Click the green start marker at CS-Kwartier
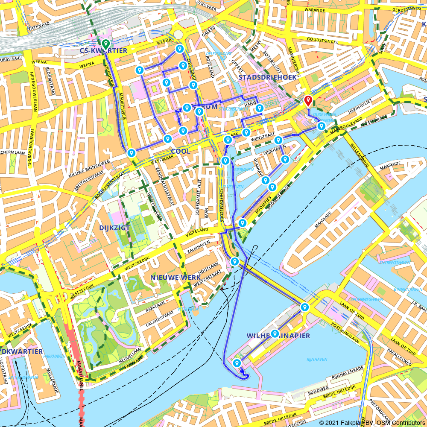[x=105, y=44]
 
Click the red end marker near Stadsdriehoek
[x=308, y=101]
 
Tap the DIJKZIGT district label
[x=114, y=228]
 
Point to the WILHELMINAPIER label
[x=278, y=336]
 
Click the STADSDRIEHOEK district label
[x=267, y=77]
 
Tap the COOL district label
[x=181, y=151]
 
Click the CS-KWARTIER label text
[x=103, y=51]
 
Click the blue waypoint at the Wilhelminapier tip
[x=237, y=363]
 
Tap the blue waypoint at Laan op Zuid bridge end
[x=304, y=307]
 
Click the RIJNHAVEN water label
[x=317, y=360]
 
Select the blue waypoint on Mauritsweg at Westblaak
[x=132, y=153]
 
